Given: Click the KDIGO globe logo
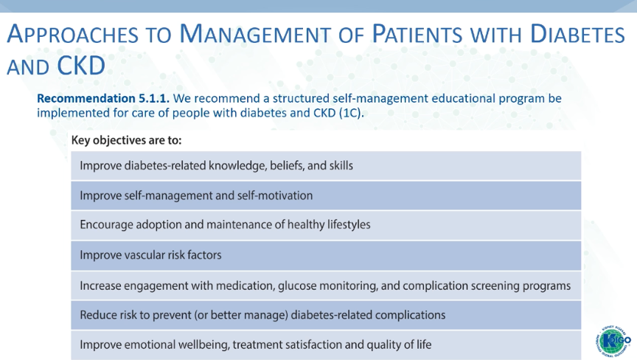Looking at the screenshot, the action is [613, 341].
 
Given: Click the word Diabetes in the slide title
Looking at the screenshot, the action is [577, 34].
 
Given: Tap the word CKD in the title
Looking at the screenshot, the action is [81, 66].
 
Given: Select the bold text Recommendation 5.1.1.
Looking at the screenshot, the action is [103, 98].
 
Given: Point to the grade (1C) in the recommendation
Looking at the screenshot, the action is [351, 113].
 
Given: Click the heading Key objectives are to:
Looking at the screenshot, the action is [126, 140].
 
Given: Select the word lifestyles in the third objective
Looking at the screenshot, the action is [349, 225].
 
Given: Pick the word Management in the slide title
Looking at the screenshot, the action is [255, 34].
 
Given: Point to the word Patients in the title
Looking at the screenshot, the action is [417, 34].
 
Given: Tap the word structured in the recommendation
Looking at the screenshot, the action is [301, 98].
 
